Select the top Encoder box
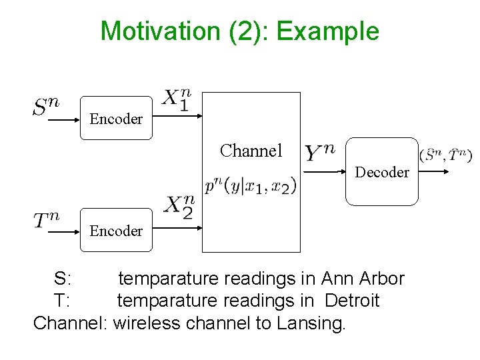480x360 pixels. [x=116, y=118]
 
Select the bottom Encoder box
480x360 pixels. [x=116, y=230]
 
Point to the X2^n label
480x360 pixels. [x=180, y=207]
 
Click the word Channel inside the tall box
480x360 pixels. [x=251, y=151]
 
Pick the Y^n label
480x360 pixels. [x=319, y=153]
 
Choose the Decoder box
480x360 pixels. [x=381, y=171]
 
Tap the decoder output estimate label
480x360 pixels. [x=446, y=155]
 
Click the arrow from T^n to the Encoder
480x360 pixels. [x=64, y=233]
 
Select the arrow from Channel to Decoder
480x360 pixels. [x=323, y=171]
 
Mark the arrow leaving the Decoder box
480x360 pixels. [x=437, y=171]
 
